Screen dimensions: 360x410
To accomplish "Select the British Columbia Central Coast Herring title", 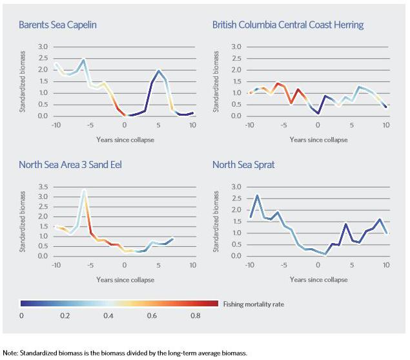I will (x=288, y=25).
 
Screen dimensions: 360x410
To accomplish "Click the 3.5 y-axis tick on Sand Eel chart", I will (x=43, y=187).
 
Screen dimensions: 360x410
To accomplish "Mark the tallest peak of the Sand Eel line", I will (x=84, y=191).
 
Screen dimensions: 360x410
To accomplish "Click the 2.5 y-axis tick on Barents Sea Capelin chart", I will (x=43, y=58).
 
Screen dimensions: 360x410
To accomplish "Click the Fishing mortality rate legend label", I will (x=252, y=302).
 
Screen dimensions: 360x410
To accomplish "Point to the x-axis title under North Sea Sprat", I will (x=318, y=279).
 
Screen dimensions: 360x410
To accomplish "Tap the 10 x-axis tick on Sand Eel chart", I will (x=193, y=264).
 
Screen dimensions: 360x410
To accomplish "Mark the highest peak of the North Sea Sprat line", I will (x=257, y=195).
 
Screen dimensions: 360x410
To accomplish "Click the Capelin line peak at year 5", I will (x=159, y=70).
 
